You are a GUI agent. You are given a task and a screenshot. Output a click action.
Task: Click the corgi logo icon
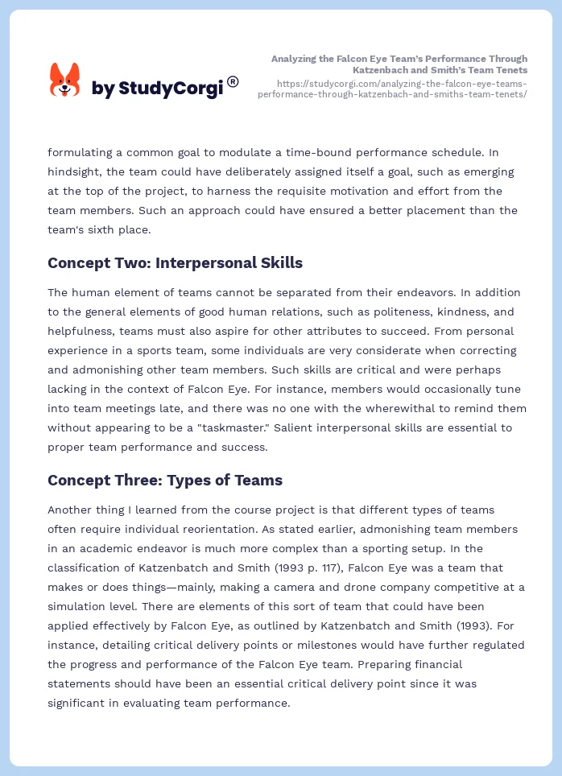point(64,80)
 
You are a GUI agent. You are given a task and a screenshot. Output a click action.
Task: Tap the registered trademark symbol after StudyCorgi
point(233,81)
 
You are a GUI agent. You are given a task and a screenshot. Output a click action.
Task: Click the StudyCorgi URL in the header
point(393,89)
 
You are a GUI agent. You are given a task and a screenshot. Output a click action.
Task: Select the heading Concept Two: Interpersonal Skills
point(175,263)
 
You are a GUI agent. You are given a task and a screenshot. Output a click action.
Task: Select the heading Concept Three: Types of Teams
point(165,481)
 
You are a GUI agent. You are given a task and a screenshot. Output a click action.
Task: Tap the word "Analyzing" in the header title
point(295,59)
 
